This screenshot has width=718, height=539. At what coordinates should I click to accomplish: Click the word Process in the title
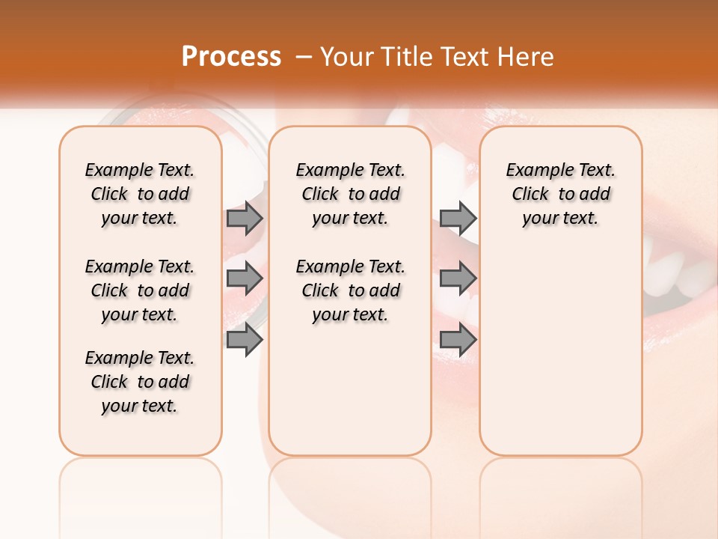point(231,57)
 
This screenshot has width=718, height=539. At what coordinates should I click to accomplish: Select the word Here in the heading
point(527,57)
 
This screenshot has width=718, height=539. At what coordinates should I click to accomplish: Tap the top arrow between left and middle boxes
point(245,219)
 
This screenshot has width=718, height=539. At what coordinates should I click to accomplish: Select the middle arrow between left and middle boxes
point(245,279)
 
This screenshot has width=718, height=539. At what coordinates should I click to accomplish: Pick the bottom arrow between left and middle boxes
point(245,340)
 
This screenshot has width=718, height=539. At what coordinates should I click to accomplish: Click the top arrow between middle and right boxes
point(458,219)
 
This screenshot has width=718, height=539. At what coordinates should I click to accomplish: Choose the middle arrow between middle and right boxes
point(458,279)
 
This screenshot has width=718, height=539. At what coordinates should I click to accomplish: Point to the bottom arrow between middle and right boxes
point(458,340)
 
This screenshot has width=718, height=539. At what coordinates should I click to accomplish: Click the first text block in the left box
point(140,194)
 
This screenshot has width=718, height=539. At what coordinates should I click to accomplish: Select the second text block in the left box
point(140,290)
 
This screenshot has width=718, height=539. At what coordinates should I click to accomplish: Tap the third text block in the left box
point(140,382)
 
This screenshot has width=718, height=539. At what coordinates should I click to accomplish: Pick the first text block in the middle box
point(350,194)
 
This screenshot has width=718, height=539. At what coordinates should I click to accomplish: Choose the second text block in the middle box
point(350,290)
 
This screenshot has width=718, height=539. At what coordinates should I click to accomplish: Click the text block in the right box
point(560,194)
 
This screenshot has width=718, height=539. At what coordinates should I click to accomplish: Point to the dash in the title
point(304,57)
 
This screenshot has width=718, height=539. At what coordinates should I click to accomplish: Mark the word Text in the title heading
point(464,57)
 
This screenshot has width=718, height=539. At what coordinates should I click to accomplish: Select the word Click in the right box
point(530,195)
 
